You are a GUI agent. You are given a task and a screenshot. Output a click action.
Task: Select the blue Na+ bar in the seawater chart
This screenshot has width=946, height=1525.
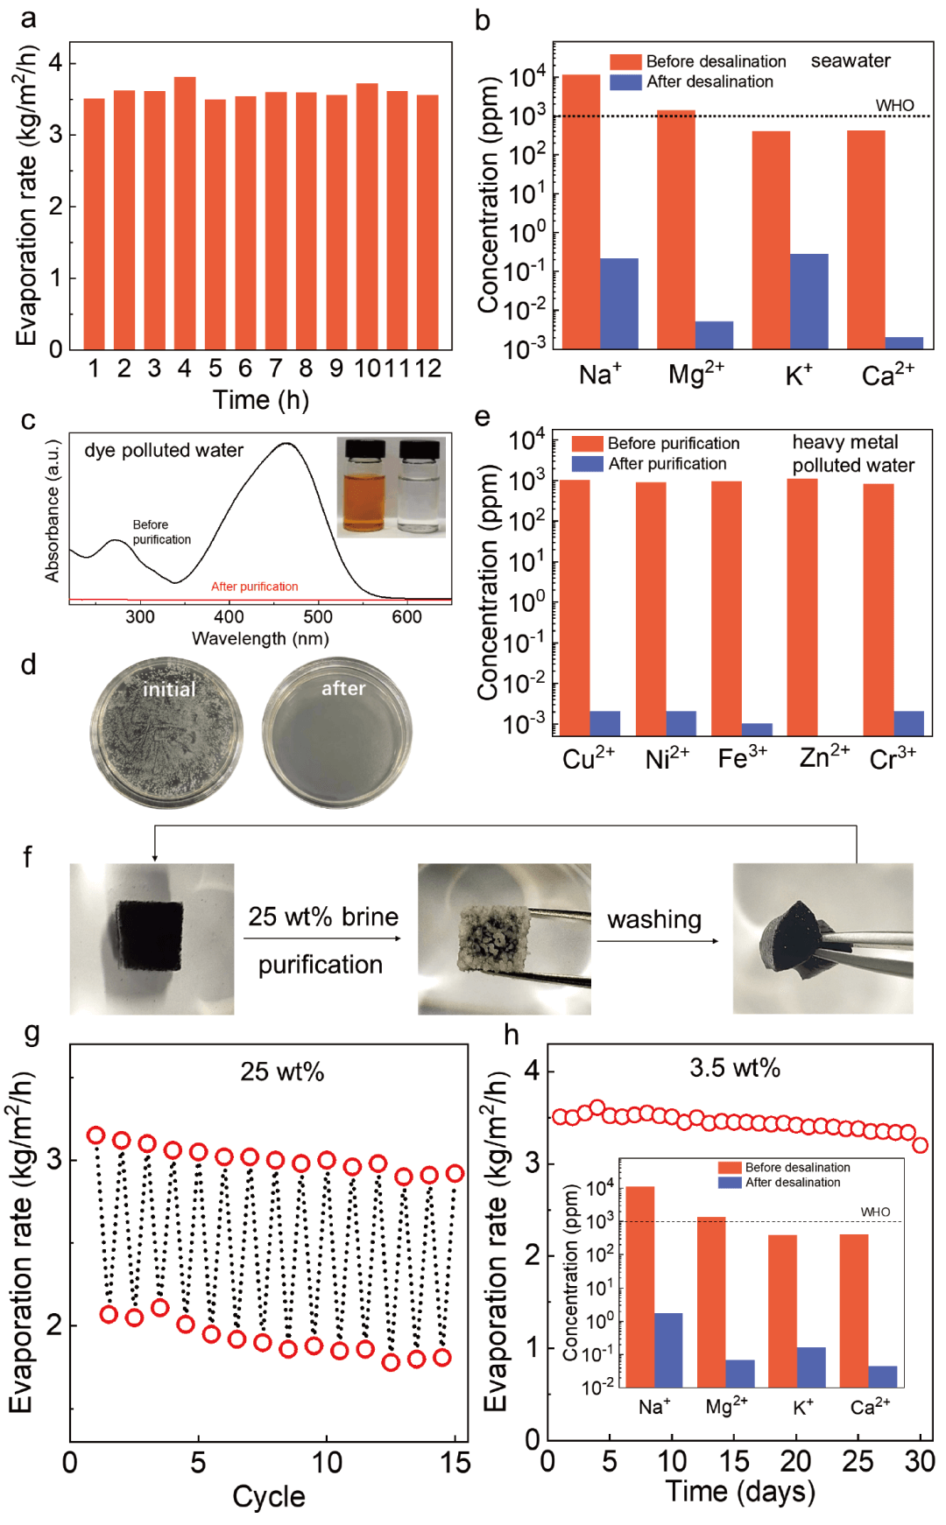tap(619, 303)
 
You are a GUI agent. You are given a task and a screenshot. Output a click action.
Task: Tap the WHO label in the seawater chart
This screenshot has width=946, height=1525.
tap(894, 106)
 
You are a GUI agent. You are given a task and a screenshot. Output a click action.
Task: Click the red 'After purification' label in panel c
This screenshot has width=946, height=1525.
tap(254, 587)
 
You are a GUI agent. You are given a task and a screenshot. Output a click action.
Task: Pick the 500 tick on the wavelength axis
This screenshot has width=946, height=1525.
tap(318, 617)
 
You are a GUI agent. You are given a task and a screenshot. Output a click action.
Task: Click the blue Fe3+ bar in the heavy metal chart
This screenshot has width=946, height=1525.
tap(757, 729)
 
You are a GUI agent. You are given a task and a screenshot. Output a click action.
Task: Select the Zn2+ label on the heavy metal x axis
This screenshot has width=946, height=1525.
tap(824, 755)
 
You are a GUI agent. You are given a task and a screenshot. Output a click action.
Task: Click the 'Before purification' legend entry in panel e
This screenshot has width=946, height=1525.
tap(673, 443)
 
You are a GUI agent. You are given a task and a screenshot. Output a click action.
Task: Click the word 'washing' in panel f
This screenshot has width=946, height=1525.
tap(654, 919)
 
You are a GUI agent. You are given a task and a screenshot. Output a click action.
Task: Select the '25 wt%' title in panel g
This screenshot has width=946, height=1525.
tap(282, 1072)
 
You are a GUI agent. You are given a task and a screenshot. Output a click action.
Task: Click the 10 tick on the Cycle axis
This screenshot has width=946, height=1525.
tap(327, 1462)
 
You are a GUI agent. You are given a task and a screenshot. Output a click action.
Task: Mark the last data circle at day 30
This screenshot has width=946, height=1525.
tap(920, 1145)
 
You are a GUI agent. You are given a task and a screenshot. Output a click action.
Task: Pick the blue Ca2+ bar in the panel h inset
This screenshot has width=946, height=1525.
tap(882, 1376)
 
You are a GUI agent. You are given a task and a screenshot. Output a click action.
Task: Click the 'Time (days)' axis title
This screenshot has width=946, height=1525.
tap(740, 1491)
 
